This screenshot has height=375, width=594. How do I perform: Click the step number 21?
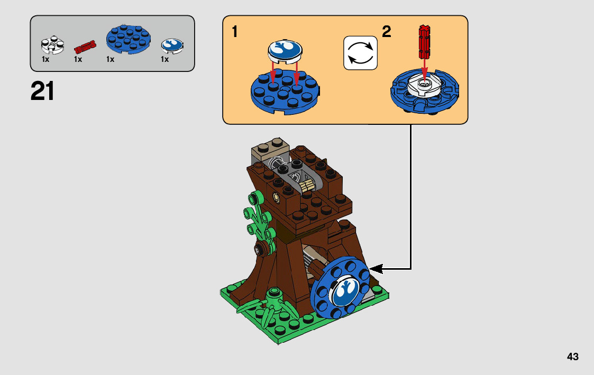click(43, 91)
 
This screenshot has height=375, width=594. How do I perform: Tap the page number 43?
click(572, 356)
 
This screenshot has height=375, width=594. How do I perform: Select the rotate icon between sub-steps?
click(360, 53)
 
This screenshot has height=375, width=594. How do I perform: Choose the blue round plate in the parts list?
click(129, 41)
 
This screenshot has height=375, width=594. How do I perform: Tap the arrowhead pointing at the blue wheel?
click(374, 269)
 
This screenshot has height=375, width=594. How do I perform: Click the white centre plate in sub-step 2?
click(424, 86)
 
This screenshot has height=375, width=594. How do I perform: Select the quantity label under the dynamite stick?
click(78, 60)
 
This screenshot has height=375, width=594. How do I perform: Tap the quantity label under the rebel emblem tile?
click(165, 60)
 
